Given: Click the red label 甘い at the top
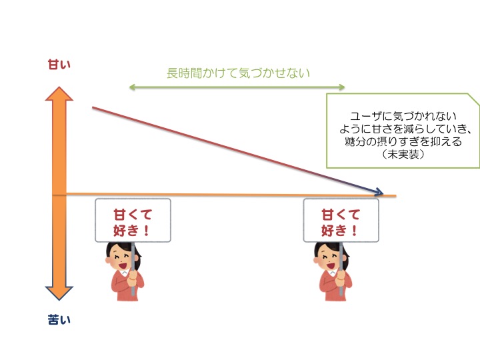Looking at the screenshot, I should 59,64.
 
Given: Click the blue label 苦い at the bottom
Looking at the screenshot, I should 59,320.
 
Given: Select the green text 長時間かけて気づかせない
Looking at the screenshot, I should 238,73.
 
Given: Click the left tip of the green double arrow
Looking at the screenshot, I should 130,87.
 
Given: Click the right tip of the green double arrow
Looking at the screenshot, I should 345,87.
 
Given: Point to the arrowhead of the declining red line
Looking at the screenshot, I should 379,192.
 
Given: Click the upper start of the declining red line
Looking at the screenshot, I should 93,107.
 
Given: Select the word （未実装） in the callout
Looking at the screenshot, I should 403,153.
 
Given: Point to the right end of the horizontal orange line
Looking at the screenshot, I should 395,196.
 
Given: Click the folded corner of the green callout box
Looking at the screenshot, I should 473,101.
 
